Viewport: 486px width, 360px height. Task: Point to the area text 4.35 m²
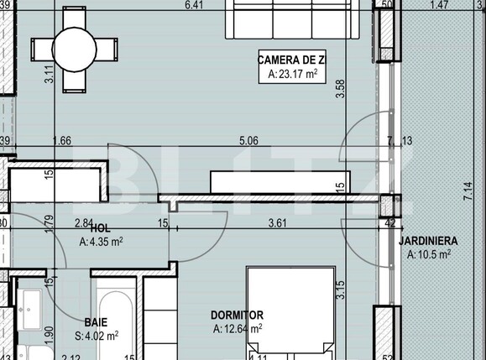102,243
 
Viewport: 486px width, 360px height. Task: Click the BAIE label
96,321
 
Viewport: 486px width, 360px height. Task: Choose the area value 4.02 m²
96,336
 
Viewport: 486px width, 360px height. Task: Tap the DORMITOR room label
238,316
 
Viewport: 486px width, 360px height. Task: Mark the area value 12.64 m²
238,329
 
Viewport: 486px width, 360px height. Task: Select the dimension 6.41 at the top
195,6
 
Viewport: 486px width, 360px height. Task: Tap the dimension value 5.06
248,141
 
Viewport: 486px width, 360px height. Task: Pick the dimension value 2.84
83,222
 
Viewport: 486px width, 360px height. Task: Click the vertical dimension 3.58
340,88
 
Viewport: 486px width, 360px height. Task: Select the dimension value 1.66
60,141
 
